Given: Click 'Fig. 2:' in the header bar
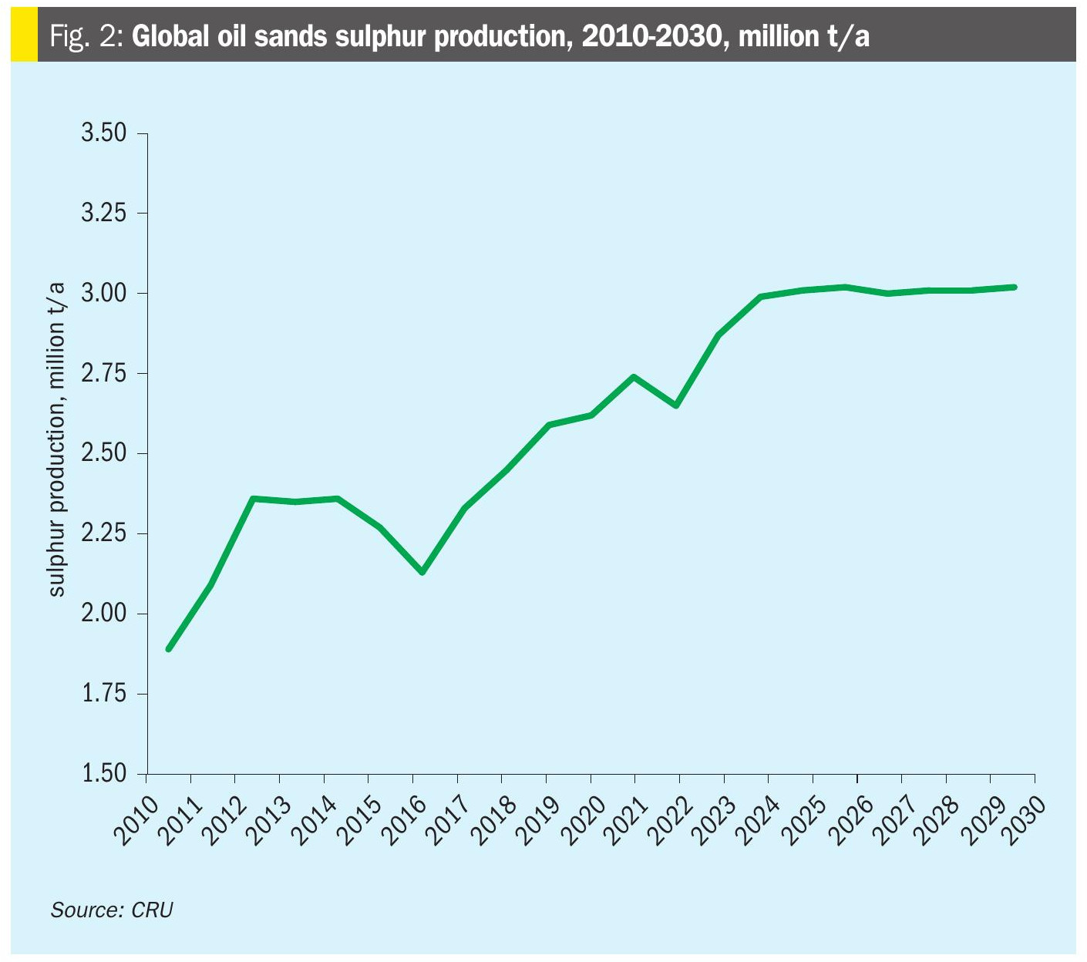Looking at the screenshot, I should coord(86,36).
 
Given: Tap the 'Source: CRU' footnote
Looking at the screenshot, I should coord(112,910).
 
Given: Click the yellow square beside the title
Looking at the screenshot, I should coord(24,35).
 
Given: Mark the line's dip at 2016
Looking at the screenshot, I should coord(422,572).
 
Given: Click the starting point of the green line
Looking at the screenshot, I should coord(169,649).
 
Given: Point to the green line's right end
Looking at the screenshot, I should coord(1015,287).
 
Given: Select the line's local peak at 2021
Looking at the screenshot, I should coord(634,376).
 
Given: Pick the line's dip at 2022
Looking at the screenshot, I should coord(676,405).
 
